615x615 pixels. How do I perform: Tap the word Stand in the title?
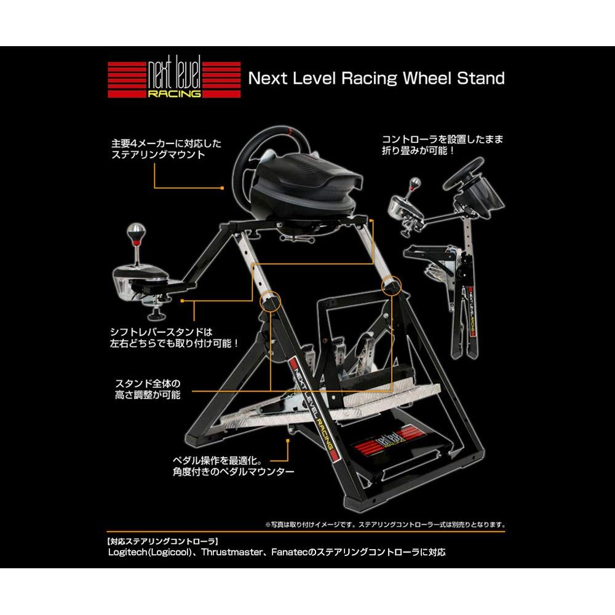pyautogui.click(x=480, y=78)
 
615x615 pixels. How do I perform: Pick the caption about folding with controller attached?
pyautogui.click(x=443, y=145)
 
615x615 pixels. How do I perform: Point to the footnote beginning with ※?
pyautogui.click(x=385, y=525)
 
